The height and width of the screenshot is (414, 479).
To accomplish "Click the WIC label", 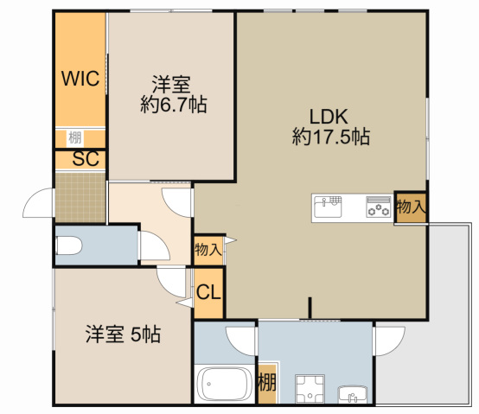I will (80, 79).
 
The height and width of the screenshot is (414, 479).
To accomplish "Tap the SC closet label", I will (84, 159).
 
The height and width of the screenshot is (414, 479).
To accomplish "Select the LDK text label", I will (331, 116).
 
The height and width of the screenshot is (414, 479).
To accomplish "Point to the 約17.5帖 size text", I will (331, 137).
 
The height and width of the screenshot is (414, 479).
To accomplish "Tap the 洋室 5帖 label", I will (122, 333).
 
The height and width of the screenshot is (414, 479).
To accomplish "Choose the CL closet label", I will (208, 290).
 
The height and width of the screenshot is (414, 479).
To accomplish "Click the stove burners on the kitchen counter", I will (378, 207).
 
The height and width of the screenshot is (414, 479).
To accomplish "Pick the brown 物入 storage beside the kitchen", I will (410, 207).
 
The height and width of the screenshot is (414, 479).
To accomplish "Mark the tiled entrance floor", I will (80, 197).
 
